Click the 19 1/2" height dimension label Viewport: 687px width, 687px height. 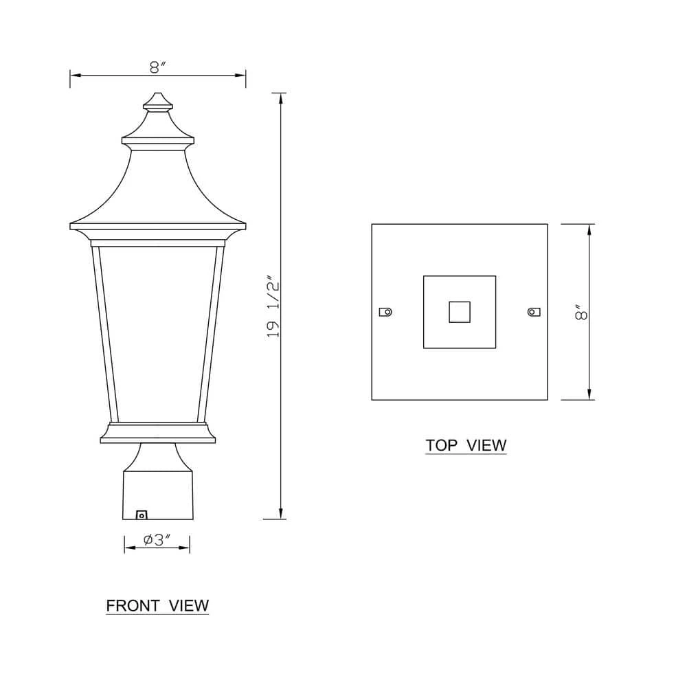(x=274, y=306)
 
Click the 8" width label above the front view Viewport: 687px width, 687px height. (x=158, y=67)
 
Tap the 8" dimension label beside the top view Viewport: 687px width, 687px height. (x=582, y=313)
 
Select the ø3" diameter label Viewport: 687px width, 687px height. (x=157, y=540)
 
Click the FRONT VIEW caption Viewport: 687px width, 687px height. (x=157, y=605)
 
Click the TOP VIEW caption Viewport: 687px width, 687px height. (x=466, y=444)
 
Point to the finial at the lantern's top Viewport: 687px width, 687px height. (x=157, y=102)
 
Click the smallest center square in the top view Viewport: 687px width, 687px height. (x=460, y=312)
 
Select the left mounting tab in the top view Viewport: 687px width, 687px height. (x=385, y=312)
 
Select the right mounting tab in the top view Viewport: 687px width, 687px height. (x=534, y=312)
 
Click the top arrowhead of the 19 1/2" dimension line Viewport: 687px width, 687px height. (x=281, y=97)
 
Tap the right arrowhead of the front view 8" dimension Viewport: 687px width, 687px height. (x=241, y=75)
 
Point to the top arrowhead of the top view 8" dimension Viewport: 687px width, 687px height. (x=589, y=229)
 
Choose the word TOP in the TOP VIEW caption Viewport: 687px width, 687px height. (x=441, y=444)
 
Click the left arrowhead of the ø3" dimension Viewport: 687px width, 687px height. (x=128, y=548)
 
